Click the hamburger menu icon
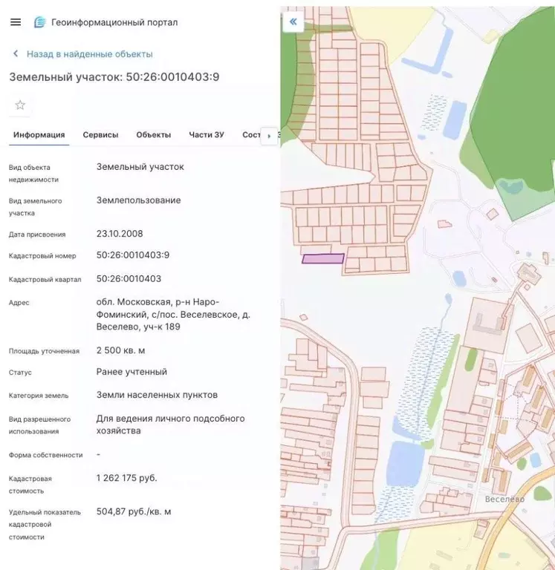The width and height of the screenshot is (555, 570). pyautogui.click(x=16, y=22)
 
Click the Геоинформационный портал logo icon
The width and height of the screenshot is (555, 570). pyautogui.click(x=40, y=22)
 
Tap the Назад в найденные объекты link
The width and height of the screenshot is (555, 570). pyautogui.click(x=89, y=54)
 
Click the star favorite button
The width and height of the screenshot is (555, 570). pyautogui.click(x=20, y=105)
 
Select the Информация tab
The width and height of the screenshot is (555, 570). pyautogui.click(x=39, y=135)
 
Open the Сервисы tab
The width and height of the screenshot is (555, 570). pyautogui.click(x=100, y=135)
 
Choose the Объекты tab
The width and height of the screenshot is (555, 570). pyautogui.click(x=154, y=135)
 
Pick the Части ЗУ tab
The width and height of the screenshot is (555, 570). pyautogui.click(x=207, y=135)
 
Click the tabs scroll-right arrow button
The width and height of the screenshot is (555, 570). pyautogui.click(x=269, y=136)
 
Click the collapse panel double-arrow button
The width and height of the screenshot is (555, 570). pyautogui.click(x=293, y=22)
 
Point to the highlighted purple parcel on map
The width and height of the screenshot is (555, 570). pyautogui.click(x=323, y=259)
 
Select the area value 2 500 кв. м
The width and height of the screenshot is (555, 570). pyautogui.click(x=121, y=350)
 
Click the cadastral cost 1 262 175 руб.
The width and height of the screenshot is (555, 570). pyautogui.click(x=127, y=478)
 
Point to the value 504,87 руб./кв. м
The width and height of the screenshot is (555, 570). pyautogui.click(x=134, y=511)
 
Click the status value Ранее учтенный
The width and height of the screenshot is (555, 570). pyautogui.click(x=132, y=372)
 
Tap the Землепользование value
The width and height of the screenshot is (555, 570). pyautogui.click(x=139, y=200)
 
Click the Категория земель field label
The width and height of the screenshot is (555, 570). pyautogui.click(x=39, y=396)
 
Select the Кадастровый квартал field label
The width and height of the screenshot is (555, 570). pyautogui.click(x=45, y=280)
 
